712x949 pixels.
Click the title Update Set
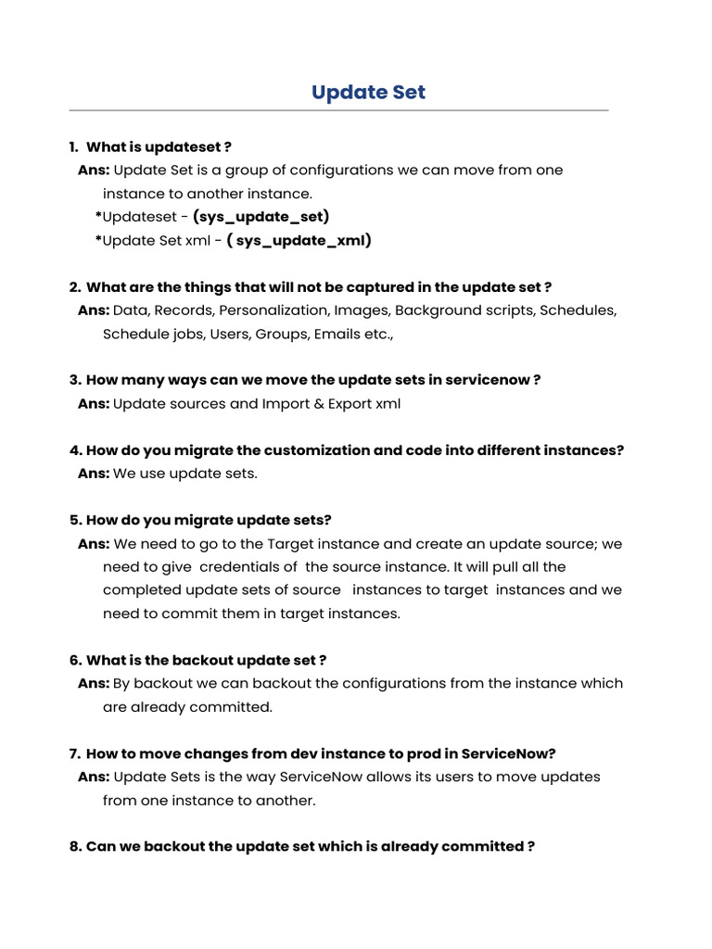tap(368, 92)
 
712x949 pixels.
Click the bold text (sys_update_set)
tap(261, 217)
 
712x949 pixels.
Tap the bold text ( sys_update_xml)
tap(299, 241)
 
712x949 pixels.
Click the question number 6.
tap(75, 660)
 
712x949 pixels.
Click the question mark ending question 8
tap(530, 847)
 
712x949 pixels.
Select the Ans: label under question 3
tap(94, 404)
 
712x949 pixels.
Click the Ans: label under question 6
tap(94, 684)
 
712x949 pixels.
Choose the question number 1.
tap(73, 146)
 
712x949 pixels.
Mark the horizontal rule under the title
tap(338, 111)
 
